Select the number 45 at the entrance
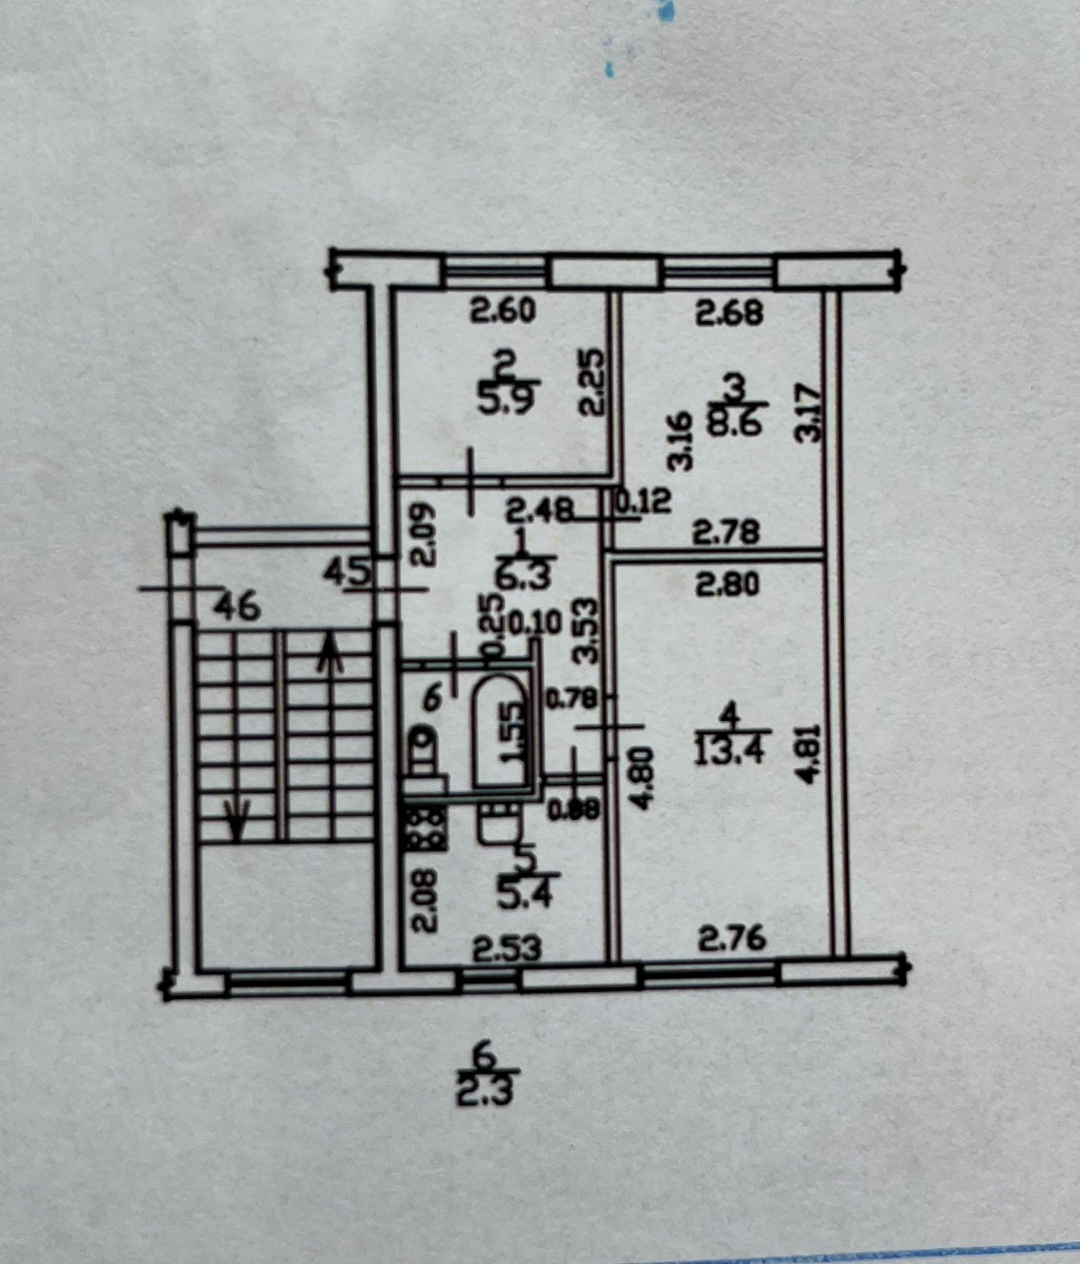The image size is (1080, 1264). [x=349, y=571]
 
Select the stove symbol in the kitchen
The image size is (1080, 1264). [x=426, y=829]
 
